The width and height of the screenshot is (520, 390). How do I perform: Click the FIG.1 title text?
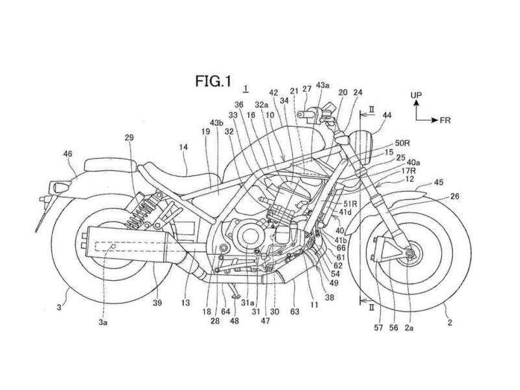(213, 81)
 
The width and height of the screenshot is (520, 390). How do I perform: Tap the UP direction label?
(416, 95)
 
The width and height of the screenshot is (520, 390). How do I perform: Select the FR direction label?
(445, 120)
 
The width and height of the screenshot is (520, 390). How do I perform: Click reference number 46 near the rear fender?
(68, 154)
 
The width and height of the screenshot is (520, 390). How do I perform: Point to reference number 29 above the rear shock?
(129, 137)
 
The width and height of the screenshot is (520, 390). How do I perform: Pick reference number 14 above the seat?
(183, 147)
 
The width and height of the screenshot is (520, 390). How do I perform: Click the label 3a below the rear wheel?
(103, 322)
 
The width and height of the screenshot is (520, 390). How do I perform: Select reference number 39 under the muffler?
(157, 303)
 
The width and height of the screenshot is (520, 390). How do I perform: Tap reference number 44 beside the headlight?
(387, 115)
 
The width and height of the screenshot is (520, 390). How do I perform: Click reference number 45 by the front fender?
(438, 183)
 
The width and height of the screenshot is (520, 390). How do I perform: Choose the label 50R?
(402, 143)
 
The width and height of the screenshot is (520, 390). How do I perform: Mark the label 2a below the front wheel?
(409, 328)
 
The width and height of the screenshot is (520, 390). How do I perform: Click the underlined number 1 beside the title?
(246, 88)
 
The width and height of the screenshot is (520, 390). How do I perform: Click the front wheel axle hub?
(410, 253)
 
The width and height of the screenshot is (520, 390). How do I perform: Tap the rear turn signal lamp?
(57, 187)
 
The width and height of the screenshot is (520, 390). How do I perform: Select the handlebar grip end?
(300, 114)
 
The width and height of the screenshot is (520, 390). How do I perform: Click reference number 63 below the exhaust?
(294, 311)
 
